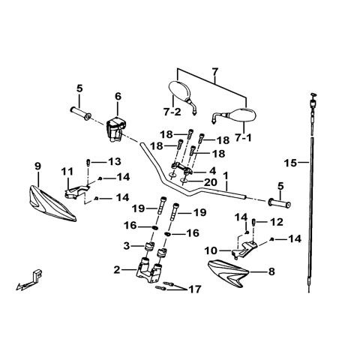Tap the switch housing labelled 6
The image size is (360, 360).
click(116, 129)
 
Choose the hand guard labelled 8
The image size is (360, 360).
click(228, 273)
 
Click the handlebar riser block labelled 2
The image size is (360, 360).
click(149, 269)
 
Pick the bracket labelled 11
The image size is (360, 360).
click(76, 191)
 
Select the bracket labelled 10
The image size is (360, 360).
click(244, 247)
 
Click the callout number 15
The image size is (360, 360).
click(290, 163)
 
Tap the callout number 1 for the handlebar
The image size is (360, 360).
click(226, 175)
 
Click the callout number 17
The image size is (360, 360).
click(195, 289)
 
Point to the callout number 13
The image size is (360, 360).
click(115, 161)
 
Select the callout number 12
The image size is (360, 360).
click(277, 222)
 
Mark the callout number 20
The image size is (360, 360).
click(211, 182)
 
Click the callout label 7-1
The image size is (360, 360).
click(244, 137)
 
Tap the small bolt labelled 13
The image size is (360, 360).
click(88, 163)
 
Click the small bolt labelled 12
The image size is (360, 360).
click(253, 222)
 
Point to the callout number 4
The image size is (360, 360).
click(212, 171)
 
